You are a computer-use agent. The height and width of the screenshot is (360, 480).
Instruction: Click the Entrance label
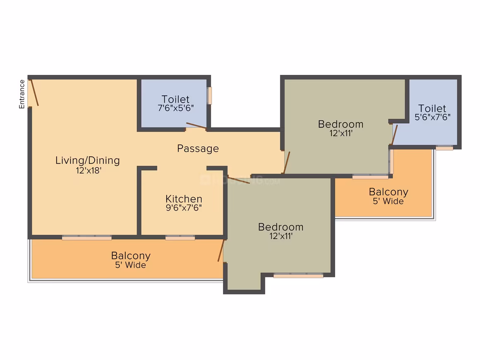pyautogui.click(x=22, y=94)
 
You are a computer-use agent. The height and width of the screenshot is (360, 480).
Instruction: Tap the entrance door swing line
pyautogui.click(x=34, y=92)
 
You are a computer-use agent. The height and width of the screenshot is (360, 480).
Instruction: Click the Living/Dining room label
pyautogui.click(x=88, y=161)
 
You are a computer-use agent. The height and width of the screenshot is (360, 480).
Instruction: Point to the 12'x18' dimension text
pyautogui.click(x=89, y=170)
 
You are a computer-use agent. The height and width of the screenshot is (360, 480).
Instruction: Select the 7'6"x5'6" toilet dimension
pyautogui.click(x=176, y=108)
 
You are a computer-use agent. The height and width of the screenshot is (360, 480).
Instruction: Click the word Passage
pyautogui.click(x=198, y=149)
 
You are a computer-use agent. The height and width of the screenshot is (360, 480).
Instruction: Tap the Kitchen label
pyautogui.click(x=184, y=199)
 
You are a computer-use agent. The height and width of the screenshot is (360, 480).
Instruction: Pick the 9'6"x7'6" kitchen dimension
pyautogui.click(x=184, y=208)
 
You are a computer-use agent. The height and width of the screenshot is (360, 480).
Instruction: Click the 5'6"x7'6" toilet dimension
pyautogui.click(x=432, y=117)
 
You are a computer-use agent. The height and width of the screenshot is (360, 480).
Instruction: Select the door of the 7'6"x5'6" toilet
pyautogui.click(x=196, y=125)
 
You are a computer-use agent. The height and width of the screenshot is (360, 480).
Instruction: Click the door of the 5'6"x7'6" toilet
pyautogui.click(x=394, y=135)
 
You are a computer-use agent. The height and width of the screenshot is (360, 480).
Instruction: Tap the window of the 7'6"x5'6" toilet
pyautogui.click(x=209, y=96)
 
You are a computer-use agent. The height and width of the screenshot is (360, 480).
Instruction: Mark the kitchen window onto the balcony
pyautogui.click(x=180, y=238)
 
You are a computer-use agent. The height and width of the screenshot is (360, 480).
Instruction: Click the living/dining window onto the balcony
pyautogui.click(x=86, y=238)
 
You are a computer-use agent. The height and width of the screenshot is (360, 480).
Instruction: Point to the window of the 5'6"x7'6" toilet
pyautogui.click(x=444, y=148)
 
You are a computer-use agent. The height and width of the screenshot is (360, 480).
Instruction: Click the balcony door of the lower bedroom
pyautogui.click(x=221, y=250)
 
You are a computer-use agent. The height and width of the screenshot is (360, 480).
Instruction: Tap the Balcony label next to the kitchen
pyautogui.click(x=131, y=256)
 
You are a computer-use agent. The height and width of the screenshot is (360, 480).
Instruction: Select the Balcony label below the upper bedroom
pyautogui.click(x=389, y=192)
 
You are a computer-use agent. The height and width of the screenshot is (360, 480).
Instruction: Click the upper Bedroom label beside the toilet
pyautogui.click(x=341, y=124)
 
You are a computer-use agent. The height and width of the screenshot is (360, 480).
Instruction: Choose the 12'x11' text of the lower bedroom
pyautogui.click(x=281, y=236)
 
